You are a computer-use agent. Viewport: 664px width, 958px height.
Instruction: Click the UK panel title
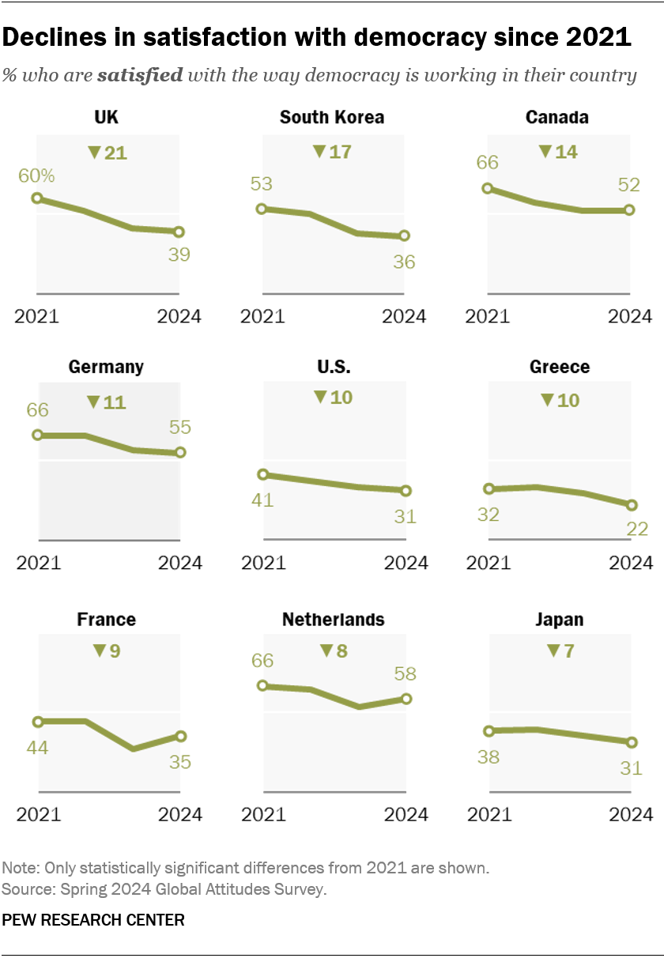click(106, 118)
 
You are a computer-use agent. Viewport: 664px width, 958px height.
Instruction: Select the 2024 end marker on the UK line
click(179, 232)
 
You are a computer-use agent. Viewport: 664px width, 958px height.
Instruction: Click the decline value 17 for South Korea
click(340, 151)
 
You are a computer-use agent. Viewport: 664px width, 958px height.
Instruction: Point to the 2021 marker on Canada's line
click(488, 188)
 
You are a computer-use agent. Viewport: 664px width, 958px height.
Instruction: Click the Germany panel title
click(106, 367)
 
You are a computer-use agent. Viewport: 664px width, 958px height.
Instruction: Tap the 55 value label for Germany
click(181, 428)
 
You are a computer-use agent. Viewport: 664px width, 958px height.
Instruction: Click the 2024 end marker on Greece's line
click(632, 505)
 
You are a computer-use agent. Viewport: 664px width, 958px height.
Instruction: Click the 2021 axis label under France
click(38, 814)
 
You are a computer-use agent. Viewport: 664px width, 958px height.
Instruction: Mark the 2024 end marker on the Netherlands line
click(406, 699)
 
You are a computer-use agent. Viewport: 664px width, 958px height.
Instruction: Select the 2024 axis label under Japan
click(630, 814)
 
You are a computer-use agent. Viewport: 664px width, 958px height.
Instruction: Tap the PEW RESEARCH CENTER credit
click(93, 920)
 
